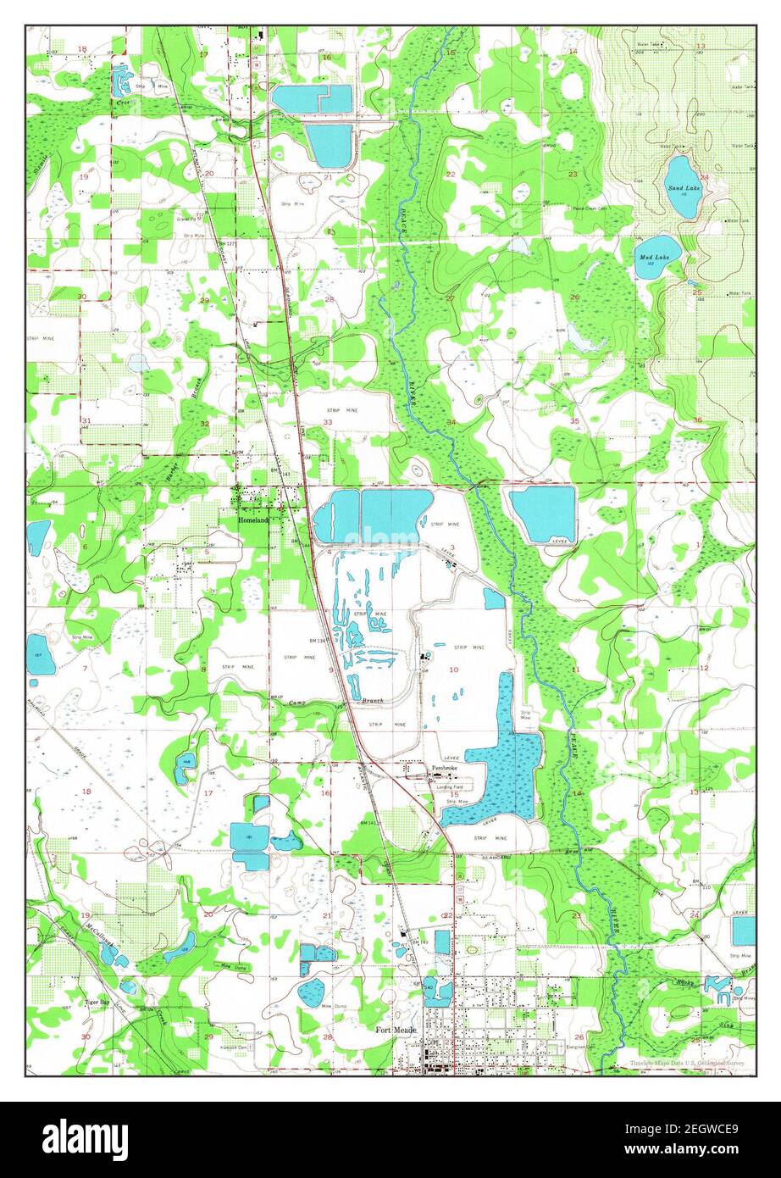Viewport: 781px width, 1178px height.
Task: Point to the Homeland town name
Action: (x=252, y=520)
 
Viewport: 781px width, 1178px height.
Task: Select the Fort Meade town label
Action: (x=395, y=1031)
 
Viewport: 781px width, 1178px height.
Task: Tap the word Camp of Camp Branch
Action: (x=297, y=703)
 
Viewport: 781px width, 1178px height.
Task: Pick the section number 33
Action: (x=327, y=422)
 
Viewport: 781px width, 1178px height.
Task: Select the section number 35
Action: (x=574, y=420)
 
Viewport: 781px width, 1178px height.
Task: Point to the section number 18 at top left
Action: (x=82, y=49)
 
